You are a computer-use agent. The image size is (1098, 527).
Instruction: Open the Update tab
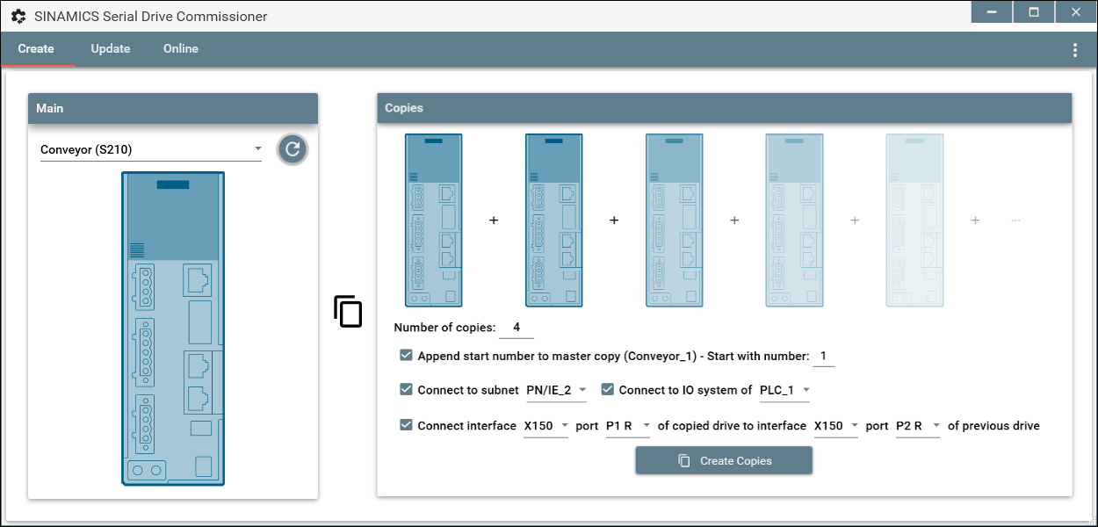[111, 48]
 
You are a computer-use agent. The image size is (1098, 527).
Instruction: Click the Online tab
[181, 48]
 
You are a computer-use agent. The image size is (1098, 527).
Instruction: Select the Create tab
[36, 48]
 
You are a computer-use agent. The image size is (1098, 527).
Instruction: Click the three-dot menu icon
[1075, 50]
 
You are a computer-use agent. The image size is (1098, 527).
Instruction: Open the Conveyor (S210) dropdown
[150, 149]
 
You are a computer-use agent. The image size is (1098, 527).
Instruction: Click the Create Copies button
[724, 460]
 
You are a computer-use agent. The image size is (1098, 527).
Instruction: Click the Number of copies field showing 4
[516, 328]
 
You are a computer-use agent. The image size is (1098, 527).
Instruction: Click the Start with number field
[824, 356]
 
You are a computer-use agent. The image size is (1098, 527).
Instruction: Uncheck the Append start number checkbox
[406, 355]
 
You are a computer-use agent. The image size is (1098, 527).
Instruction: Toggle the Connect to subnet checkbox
[406, 389]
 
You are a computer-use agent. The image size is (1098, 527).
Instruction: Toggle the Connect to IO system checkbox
[607, 389]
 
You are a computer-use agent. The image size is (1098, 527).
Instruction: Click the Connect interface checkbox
[406, 424]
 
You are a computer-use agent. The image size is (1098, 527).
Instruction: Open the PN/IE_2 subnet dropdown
[556, 390]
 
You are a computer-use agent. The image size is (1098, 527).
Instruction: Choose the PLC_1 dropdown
[784, 390]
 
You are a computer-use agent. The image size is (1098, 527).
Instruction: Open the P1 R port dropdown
[628, 425]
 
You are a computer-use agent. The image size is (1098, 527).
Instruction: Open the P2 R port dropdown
[918, 425]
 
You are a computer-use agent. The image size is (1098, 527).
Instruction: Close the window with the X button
[1075, 11]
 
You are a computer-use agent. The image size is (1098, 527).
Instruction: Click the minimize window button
[992, 11]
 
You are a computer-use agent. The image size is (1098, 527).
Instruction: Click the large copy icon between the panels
[348, 311]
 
